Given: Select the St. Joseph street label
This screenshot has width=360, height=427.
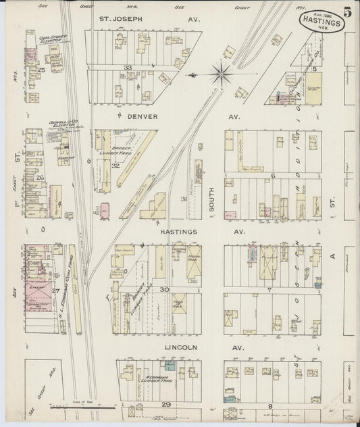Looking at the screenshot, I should (121, 19).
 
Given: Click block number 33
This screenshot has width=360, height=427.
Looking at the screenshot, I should (127, 68).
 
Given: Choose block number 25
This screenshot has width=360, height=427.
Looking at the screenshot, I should (41, 70).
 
